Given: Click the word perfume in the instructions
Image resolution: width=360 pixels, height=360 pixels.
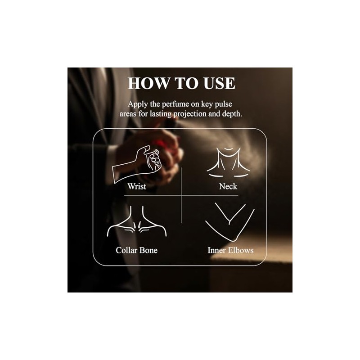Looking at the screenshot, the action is [175, 104].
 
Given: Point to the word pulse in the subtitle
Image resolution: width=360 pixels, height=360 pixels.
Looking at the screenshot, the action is [223, 104].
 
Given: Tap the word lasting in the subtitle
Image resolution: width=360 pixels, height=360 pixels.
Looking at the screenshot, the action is [161, 114].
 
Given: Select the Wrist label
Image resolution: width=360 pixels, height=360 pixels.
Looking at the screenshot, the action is [137, 186].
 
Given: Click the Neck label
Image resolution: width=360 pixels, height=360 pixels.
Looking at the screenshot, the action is [228, 186].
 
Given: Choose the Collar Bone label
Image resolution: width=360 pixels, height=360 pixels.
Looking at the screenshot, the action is [137, 250].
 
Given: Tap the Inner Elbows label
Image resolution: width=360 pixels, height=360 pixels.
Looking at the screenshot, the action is [230, 250].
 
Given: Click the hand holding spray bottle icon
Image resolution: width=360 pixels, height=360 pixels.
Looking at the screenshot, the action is [137, 164].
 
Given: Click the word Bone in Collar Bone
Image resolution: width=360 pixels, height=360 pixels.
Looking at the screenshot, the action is [148, 250].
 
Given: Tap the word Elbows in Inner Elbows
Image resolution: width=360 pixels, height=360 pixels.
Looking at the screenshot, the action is [241, 250].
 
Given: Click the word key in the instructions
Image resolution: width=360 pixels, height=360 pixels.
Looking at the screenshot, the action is [207, 104].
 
